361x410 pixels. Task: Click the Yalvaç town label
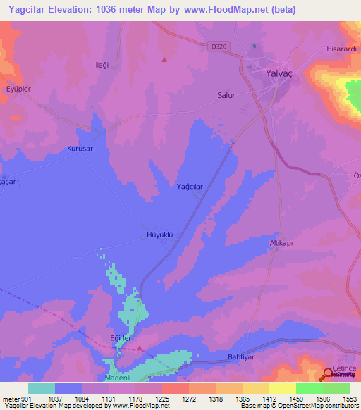pyautogui.click(x=278, y=73)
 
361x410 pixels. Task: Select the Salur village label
pyautogui.click(x=226, y=94)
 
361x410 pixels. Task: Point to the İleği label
pyautogui.click(x=102, y=65)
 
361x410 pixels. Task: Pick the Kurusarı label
pyautogui.click(x=80, y=149)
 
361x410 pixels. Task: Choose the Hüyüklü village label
pyautogui.click(x=159, y=235)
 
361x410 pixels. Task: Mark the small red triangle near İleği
pyautogui.click(x=164, y=59)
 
